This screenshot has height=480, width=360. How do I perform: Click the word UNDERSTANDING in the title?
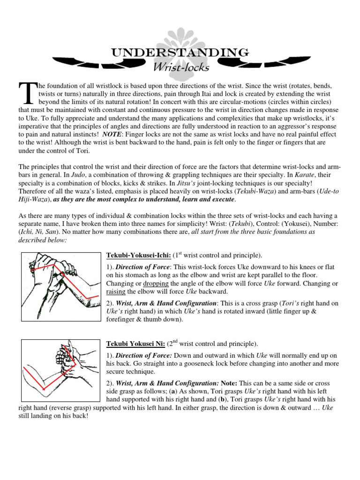pos(180,52)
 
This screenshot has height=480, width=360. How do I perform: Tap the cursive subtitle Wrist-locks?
pos(181,67)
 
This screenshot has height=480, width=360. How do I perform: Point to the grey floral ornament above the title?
pos(180,35)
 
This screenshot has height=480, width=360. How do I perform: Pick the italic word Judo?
pos(66,175)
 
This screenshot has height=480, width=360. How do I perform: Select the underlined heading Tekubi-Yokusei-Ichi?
pos(139,255)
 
